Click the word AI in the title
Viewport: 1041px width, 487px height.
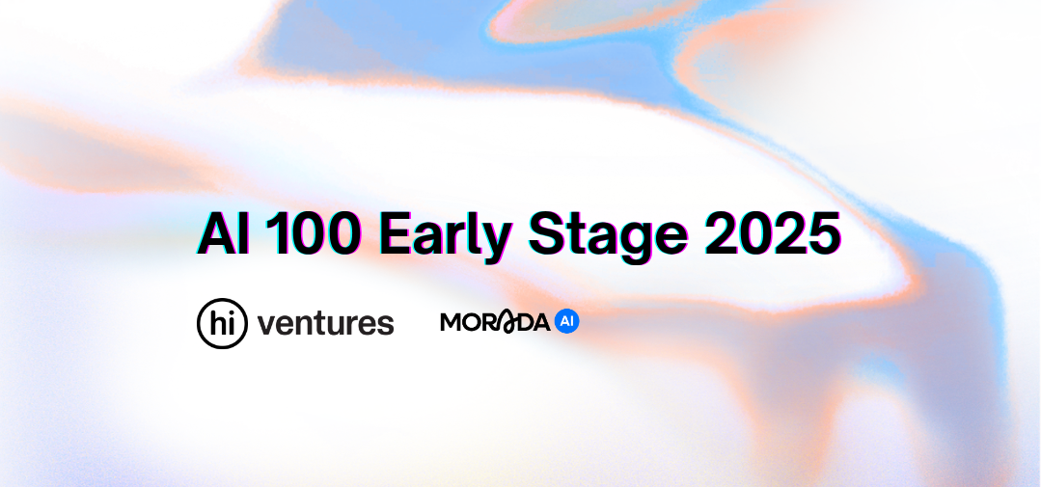224,233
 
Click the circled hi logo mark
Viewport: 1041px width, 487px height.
223,323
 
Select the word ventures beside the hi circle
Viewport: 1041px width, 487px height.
326,322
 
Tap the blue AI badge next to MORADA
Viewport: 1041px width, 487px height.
567,322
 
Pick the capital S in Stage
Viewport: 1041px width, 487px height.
546,234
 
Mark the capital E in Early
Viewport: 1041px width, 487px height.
396,234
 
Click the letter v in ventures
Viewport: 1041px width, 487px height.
266,324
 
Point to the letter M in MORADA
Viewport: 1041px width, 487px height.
452,322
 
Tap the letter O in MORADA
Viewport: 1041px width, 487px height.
473,322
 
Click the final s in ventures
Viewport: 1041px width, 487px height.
386,324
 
